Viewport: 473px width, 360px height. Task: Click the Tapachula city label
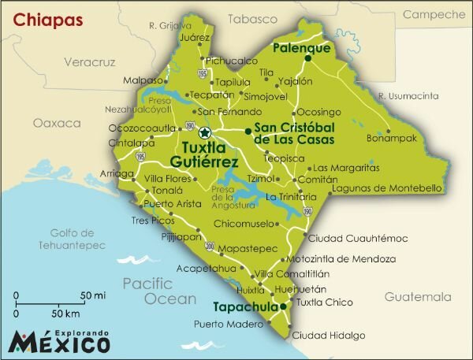[x=245, y=307]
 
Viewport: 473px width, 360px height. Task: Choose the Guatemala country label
[x=418, y=297]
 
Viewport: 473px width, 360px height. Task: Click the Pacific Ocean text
[x=159, y=291]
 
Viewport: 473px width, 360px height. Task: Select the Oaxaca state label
[x=57, y=124]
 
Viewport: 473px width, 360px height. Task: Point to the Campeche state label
[x=433, y=14]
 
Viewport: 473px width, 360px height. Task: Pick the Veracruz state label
[x=89, y=61]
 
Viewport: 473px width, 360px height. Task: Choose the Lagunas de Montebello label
[x=386, y=188]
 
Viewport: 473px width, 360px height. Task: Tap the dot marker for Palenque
[x=307, y=57]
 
